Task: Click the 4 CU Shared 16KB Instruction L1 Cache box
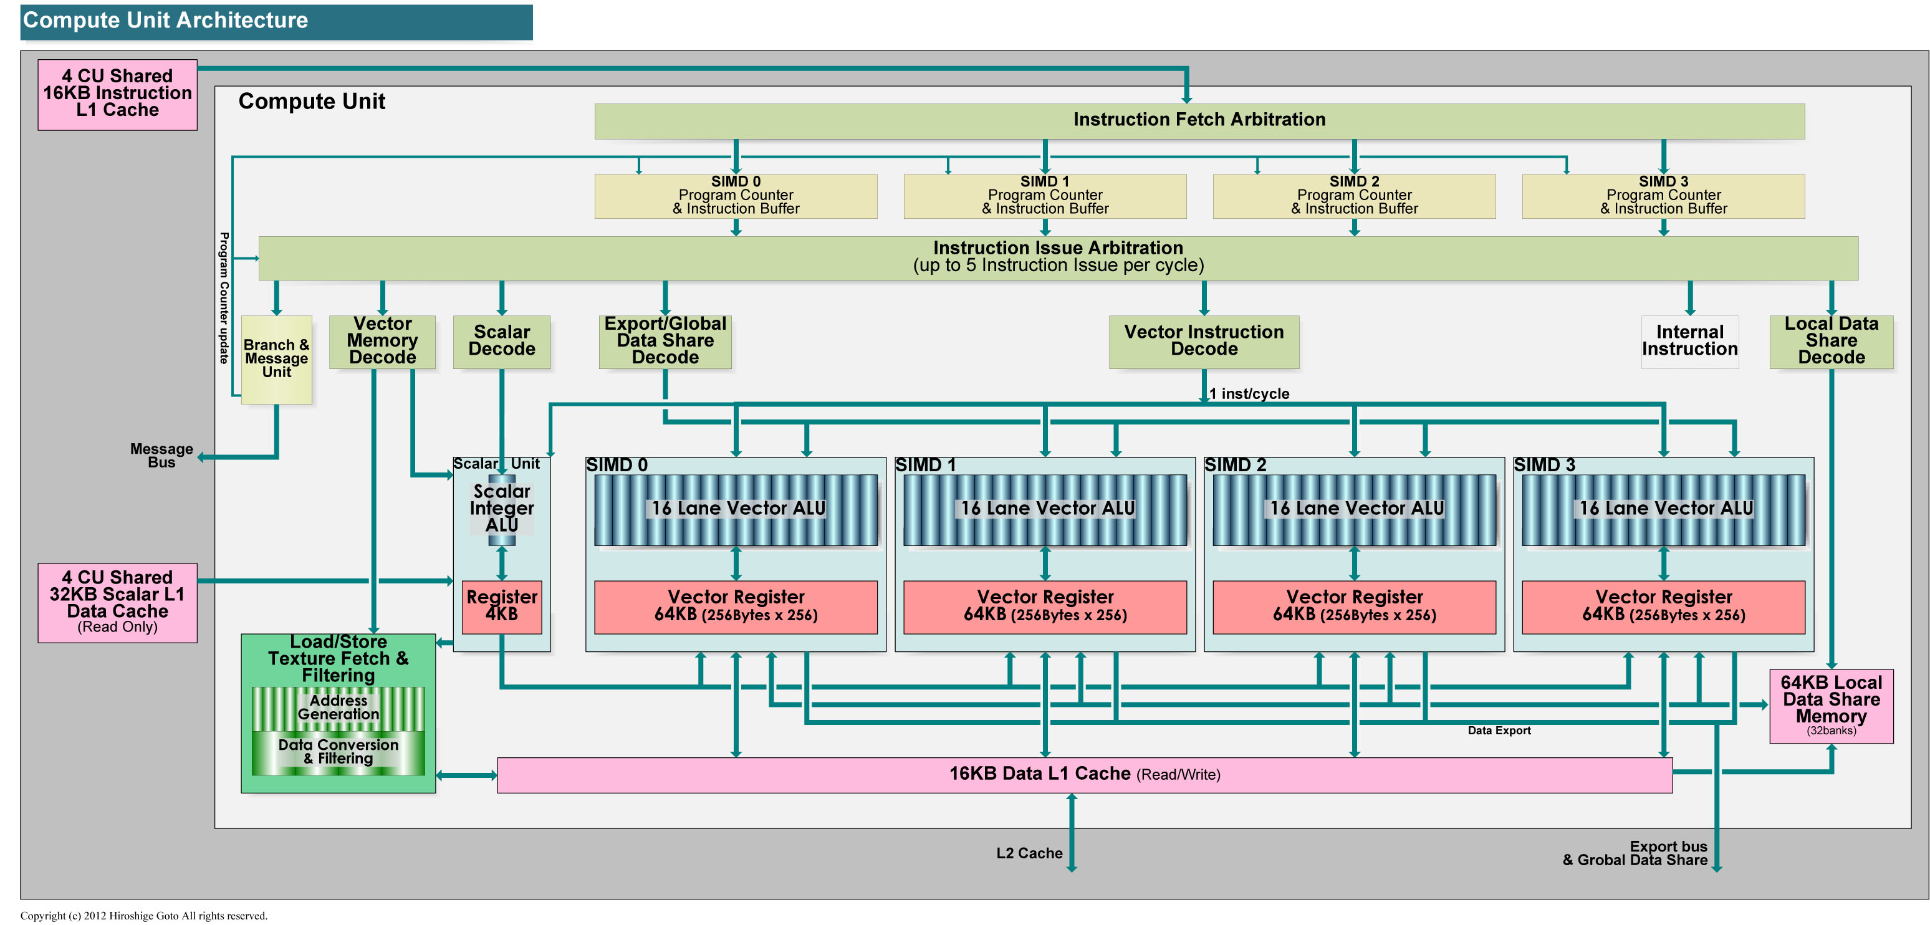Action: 118,94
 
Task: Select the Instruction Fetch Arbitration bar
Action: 1199,120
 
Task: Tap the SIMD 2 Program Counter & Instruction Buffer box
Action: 1354,196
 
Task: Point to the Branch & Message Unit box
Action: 276,359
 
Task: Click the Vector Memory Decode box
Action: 382,341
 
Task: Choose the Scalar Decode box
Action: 502,341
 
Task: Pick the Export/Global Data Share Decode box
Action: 665,341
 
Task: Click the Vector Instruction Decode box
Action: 1204,341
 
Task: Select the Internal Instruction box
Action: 1689,341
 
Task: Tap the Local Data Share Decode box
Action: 1831,341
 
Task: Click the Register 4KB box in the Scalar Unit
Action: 502,606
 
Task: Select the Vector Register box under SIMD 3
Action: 1663,606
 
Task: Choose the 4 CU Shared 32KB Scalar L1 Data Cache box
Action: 118,602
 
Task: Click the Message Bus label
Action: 161,456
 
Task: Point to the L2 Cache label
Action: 1029,853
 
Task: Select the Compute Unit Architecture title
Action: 166,20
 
